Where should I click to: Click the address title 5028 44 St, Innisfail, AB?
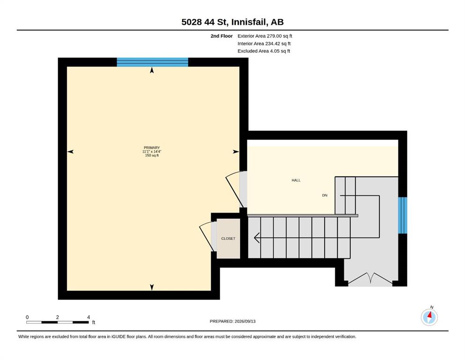232,22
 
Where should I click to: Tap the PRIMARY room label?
152,148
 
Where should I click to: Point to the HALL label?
296,180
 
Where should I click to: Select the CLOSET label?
228,239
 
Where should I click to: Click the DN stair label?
325,195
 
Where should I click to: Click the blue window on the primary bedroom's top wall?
153,62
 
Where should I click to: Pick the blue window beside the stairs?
402,215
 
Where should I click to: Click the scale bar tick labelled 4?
89,317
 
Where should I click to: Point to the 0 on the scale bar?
27,317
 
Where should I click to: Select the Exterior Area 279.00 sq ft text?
265,36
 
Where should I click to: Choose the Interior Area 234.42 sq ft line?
264,44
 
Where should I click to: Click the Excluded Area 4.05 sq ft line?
264,51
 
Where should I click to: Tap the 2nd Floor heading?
221,36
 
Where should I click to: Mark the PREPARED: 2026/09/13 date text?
232,321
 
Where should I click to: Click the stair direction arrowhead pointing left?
257,238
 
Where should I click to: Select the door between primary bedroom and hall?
235,189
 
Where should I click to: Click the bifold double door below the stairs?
370,279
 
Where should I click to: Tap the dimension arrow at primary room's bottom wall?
152,287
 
